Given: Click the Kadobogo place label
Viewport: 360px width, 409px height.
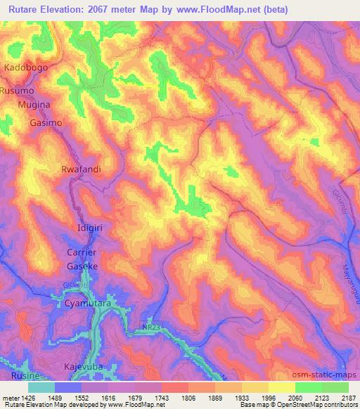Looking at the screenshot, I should [27, 67].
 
